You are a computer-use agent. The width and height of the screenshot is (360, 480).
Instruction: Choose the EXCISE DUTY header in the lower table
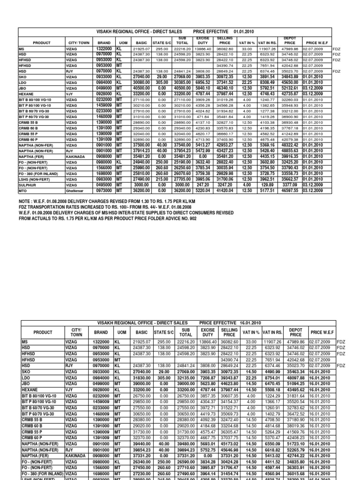click(x=208, y=332)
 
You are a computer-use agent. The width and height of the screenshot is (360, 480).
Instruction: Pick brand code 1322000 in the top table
click(x=104, y=48)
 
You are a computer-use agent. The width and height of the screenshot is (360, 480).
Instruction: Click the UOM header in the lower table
click(x=121, y=332)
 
